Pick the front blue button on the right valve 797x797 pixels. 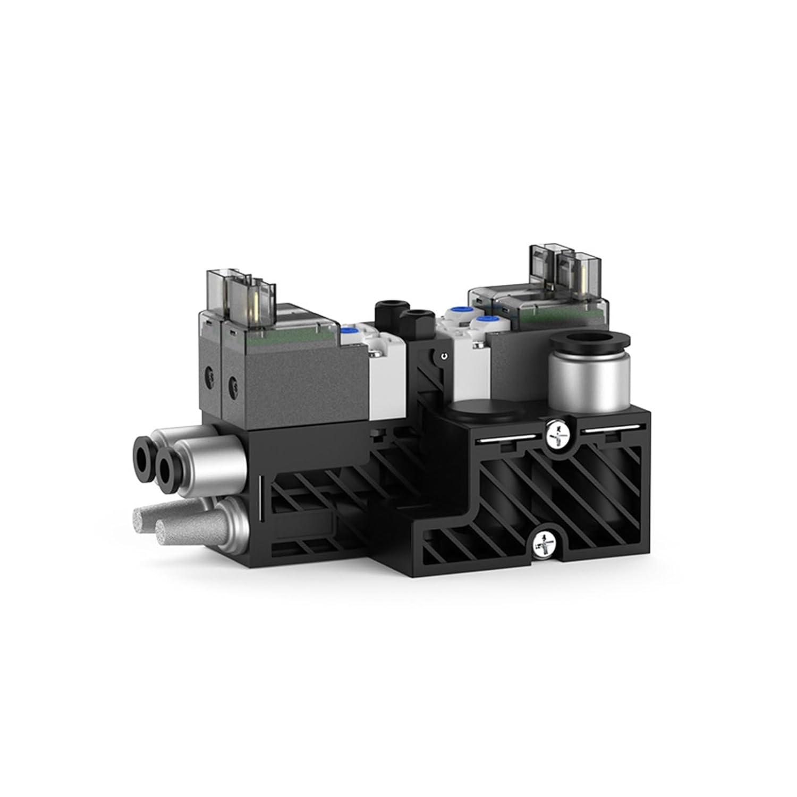click(x=486, y=321)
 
